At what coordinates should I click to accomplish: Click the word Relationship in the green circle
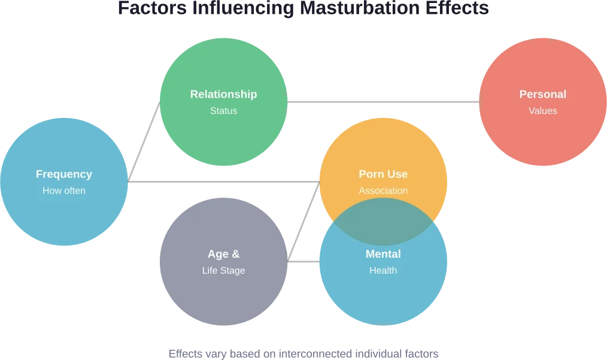point(223,94)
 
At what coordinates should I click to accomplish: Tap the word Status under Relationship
point(223,111)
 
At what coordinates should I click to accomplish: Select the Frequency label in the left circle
point(64,174)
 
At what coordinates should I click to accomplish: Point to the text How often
point(64,191)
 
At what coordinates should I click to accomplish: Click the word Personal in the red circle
point(542,94)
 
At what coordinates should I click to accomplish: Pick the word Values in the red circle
point(542,111)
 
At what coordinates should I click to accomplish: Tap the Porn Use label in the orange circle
point(383,174)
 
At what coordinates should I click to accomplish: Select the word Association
point(383,191)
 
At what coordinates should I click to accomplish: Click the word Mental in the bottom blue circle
point(383,254)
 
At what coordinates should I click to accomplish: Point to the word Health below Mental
point(383,271)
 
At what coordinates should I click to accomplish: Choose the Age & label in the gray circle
point(223,254)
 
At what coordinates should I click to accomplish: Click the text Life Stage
point(223,271)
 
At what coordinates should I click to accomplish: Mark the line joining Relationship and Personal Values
point(383,103)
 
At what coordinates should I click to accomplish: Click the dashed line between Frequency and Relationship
point(144,141)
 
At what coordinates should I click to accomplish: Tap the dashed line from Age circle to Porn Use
point(303,222)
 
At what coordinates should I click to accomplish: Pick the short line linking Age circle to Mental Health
point(303,261)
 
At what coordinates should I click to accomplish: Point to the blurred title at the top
point(302,7)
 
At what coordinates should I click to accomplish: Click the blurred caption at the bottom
point(303,353)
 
